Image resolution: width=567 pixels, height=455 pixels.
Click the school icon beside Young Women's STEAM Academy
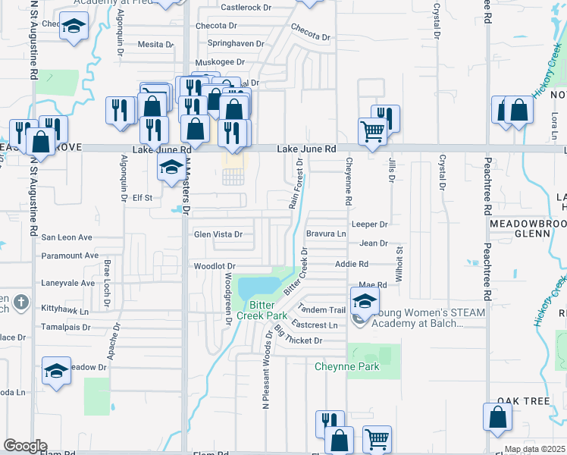[365, 301]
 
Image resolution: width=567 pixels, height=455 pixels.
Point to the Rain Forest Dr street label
[296, 184]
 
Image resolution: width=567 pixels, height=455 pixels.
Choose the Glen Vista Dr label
[218, 234]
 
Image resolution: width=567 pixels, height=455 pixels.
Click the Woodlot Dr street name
[215, 266]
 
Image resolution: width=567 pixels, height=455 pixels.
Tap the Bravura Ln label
[325, 234]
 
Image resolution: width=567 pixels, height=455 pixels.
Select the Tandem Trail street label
[322, 309]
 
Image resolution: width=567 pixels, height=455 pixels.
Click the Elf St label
[143, 198]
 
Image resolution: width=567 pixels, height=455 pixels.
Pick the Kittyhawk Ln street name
[64, 311]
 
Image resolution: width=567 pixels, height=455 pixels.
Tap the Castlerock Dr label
[246, 8]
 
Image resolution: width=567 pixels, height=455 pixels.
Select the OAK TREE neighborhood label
[523, 400]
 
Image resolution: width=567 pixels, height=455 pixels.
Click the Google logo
[25, 446]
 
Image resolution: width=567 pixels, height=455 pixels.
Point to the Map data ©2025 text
[535, 449]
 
